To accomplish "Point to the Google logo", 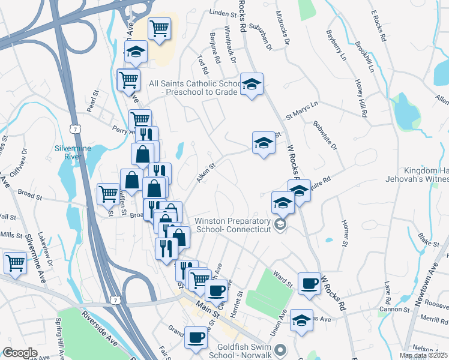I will point(20,353).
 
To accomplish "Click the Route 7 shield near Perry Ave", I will point(74,129).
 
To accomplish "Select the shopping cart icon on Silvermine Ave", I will point(15,262).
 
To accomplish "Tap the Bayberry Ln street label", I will point(336,45).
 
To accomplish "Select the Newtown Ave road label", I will point(432,280).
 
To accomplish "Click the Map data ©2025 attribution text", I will point(423,355).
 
